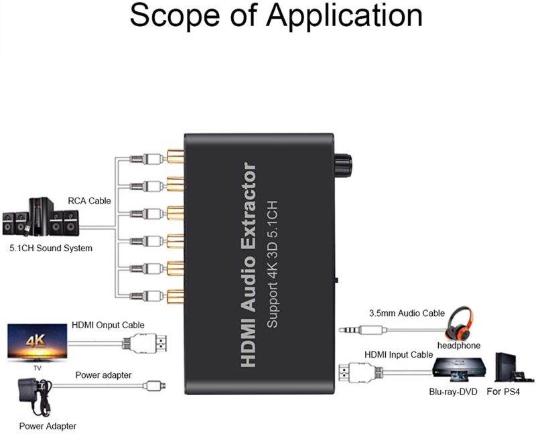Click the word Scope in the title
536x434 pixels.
click(177, 17)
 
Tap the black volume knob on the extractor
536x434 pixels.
click(346, 163)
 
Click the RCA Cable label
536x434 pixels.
click(89, 200)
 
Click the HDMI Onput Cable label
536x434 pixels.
click(108, 325)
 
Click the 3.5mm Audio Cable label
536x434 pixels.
click(407, 313)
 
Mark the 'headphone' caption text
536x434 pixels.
click(459, 346)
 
